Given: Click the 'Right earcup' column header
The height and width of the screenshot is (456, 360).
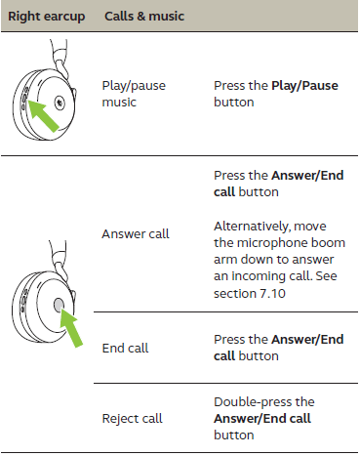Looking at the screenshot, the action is point(47,17).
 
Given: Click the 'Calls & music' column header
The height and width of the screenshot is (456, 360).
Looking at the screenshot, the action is point(144,16).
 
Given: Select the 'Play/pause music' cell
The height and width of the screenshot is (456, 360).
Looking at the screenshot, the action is point(134,94).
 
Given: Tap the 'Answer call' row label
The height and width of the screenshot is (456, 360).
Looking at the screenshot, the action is point(136,233).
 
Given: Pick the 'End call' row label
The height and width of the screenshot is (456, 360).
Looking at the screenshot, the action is point(125,348).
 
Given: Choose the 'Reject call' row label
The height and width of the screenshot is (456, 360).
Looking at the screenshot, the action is point(132,418).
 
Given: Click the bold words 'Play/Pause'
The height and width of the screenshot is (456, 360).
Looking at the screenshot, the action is point(304,86).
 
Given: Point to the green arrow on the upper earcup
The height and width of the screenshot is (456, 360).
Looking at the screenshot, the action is point(43,115).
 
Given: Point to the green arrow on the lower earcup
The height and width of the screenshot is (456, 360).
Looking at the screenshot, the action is point(71,327).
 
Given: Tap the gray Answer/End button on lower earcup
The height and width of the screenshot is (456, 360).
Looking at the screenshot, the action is point(59,305).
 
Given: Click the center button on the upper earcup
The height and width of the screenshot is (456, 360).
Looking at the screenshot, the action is point(60,103).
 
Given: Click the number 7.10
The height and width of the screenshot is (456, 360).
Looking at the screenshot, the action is point(272,294).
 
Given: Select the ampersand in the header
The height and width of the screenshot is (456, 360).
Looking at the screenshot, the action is point(141,16).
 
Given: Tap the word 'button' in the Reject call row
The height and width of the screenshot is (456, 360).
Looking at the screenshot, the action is point(234,435).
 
